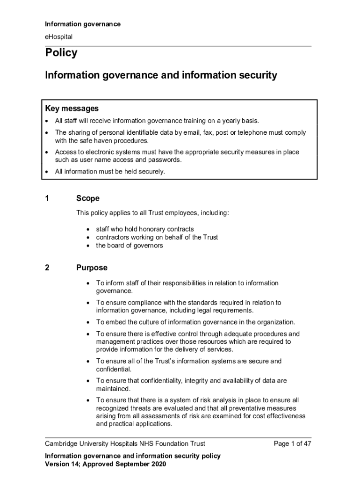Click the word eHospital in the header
tap(58, 36)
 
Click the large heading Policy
tap(61, 53)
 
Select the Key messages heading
tap(72, 109)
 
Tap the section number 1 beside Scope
tap(47, 198)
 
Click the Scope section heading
tap(88, 198)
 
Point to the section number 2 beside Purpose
tap(47, 268)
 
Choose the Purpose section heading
tap(92, 268)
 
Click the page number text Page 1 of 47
tap(292, 444)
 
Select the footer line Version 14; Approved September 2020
tap(105, 464)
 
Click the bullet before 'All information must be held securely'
tap(47, 172)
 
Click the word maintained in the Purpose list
tap(113, 389)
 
